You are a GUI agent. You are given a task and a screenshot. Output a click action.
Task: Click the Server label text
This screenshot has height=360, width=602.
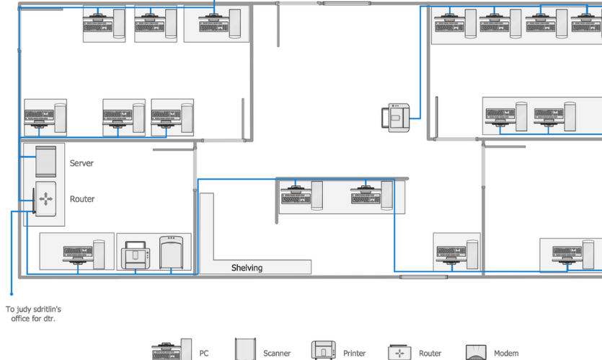tap(81, 163)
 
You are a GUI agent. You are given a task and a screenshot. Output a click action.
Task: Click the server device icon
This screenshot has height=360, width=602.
tap(45, 162)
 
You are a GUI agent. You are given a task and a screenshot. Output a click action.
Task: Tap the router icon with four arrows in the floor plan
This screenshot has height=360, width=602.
tap(45, 199)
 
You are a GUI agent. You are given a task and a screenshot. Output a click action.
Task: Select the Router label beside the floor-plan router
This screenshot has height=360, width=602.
tap(81, 199)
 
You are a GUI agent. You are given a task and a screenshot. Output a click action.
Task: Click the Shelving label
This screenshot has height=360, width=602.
tap(247, 268)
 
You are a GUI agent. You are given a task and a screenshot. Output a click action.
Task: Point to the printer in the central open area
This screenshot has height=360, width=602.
tap(396, 118)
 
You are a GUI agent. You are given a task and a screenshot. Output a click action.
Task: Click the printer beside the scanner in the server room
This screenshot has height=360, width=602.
tap(136, 255)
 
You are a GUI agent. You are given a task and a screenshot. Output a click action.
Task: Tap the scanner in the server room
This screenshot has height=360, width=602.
tap(172, 253)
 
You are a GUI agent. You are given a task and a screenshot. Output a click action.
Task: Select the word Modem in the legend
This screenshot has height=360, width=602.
tap(506, 353)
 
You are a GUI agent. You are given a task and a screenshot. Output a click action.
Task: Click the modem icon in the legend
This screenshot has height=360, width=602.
tap(476, 352)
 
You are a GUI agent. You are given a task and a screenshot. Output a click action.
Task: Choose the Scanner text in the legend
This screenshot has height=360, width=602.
tap(277, 353)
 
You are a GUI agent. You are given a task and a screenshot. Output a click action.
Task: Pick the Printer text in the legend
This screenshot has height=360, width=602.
tap(355, 353)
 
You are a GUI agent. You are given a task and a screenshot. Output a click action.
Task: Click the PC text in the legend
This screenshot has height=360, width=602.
tap(204, 353)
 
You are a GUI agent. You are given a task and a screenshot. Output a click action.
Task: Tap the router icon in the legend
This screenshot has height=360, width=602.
tap(399, 352)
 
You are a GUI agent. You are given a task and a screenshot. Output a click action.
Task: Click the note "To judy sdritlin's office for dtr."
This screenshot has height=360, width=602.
tap(33, 314)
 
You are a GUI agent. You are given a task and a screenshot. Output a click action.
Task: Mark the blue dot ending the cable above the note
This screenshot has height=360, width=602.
tap(12, 294)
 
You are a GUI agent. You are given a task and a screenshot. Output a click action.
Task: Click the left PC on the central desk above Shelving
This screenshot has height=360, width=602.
tap(301, 196)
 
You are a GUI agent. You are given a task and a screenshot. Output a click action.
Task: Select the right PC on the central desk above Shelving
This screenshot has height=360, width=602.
tap(371, 196)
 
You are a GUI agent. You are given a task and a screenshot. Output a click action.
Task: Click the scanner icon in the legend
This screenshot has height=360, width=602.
tap(245, 349)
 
